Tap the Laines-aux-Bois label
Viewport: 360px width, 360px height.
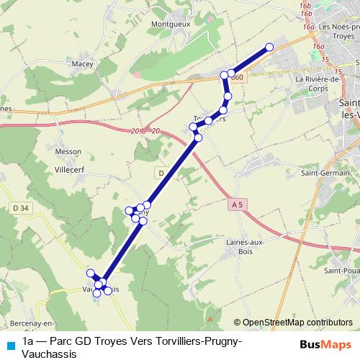[246, 246]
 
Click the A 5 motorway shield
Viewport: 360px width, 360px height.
[237, 205]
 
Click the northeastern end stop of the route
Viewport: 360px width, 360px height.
[269, 48]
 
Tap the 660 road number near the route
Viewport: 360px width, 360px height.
[238, 77]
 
